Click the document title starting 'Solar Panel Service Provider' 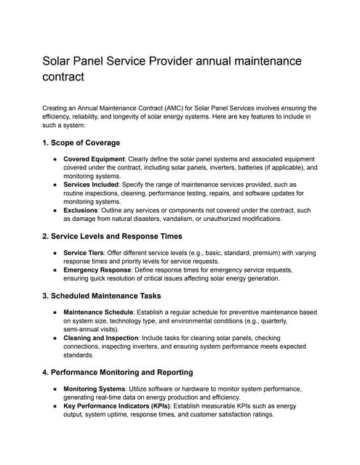tap(172, 68)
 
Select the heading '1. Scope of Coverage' tap(81, 142)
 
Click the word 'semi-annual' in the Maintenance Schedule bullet tap(83, 329)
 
